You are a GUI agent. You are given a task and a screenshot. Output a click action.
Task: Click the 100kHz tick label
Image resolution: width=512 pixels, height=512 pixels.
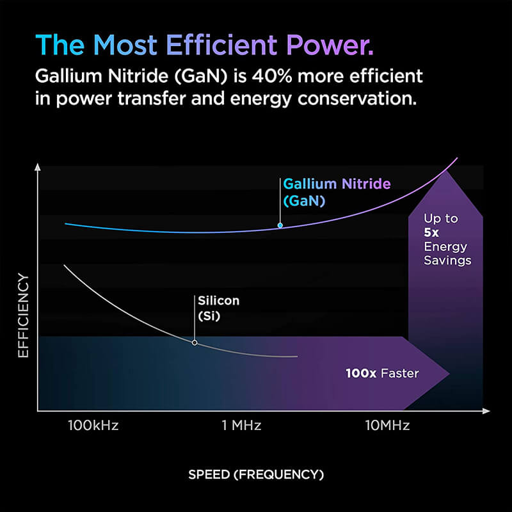click(93, 425)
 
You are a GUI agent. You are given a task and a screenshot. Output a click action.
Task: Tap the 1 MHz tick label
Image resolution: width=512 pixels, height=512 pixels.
click(241, 425)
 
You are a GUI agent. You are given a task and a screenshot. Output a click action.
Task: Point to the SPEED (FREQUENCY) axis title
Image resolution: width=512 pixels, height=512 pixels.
click(256, 474)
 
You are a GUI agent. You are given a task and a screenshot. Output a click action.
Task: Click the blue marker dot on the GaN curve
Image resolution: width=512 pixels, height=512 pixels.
click(280, 225)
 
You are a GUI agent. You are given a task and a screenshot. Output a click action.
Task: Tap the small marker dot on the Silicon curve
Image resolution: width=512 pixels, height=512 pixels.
click(195, 343)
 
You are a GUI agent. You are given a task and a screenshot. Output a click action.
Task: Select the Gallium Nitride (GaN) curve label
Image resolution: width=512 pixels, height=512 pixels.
click(336, 192)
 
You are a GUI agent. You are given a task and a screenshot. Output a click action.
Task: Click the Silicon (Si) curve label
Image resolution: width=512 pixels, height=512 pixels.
click(218, 307)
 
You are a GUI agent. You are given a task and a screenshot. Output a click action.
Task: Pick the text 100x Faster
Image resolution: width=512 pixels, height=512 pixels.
click(382, 373)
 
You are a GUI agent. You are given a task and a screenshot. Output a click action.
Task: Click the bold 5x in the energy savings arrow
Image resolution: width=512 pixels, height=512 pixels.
click(430, 232)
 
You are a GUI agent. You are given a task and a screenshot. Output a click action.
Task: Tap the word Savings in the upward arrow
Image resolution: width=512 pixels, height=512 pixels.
click(447, 260)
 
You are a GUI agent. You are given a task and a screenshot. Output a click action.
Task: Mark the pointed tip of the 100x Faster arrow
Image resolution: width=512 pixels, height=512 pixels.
click(449, 373)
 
